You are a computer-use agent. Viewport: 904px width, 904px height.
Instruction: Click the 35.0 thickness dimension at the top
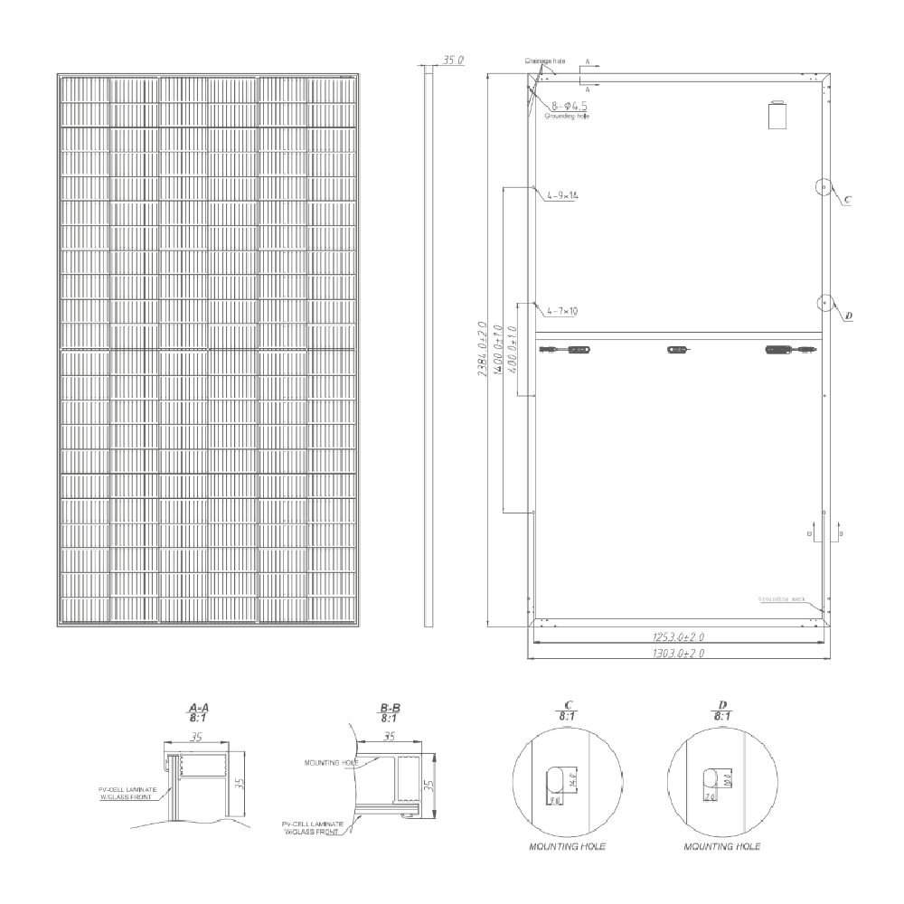point(453,60)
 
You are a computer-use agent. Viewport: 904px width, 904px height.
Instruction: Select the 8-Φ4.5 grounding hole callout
point(567,106)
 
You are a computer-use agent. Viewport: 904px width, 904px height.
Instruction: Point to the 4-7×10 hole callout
point(563,311)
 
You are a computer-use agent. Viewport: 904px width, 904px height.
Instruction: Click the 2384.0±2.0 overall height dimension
point(483,349)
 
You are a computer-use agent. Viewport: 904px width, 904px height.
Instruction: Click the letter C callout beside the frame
point(846,200)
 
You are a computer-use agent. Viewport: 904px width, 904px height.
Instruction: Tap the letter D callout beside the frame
point(848,316)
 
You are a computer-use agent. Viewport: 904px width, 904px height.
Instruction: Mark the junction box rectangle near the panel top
point(776,117)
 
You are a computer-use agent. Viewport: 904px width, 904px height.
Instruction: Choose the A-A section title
point(198,711)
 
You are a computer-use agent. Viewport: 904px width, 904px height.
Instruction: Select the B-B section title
point(391,711)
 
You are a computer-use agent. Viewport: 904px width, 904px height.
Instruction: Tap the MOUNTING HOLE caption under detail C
point(568,847)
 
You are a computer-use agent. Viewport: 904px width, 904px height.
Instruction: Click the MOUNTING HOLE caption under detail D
point(722,847)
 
